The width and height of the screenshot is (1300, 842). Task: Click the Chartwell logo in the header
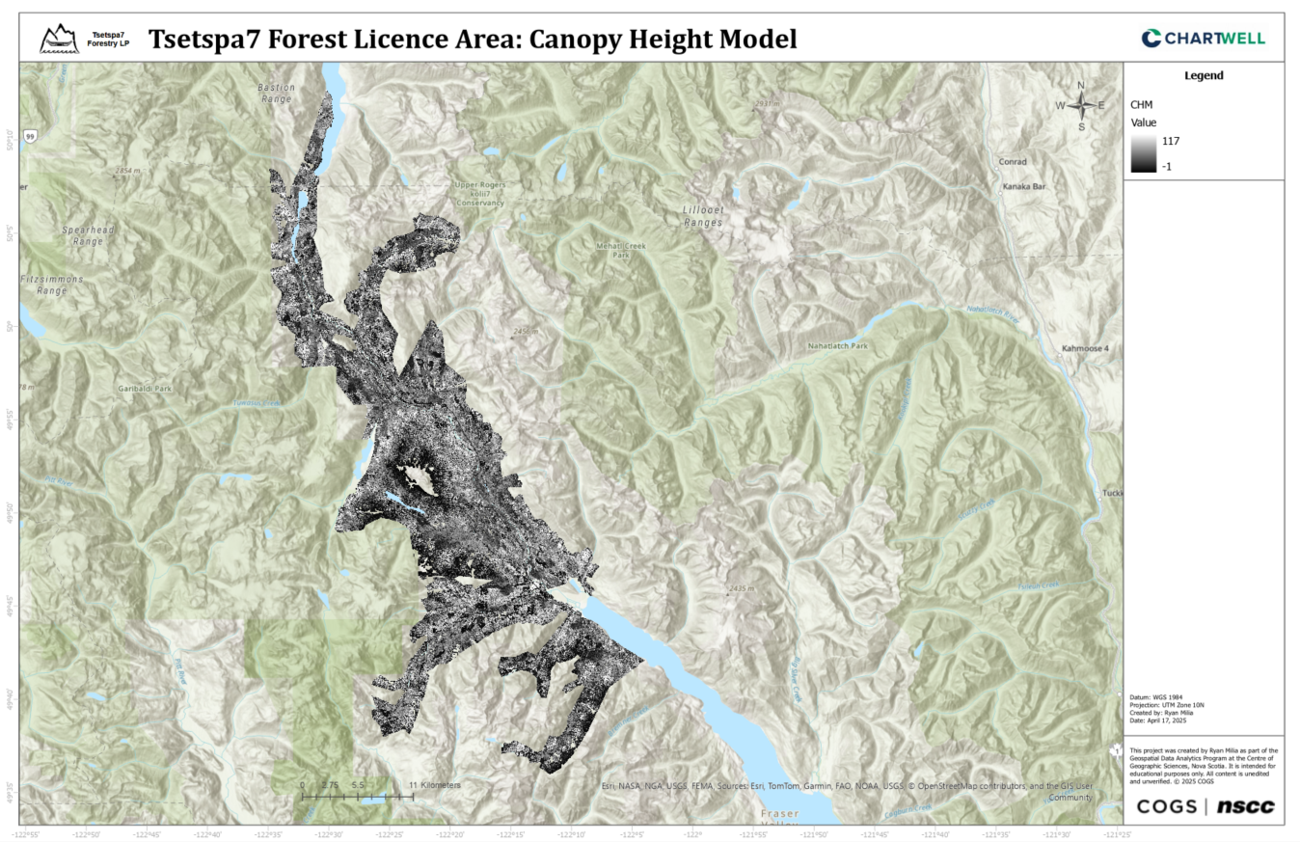pyautogui.click(x=1203, y=39)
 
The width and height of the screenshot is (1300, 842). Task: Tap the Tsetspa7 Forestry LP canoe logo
pyautogui.click(x=60, y=40)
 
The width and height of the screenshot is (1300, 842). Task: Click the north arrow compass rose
pyautogui.click(x=1081, y=105)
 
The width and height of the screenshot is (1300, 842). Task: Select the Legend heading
pyautogui.click(x=1203, y=75)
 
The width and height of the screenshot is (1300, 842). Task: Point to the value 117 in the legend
pyautogui.click(x=1171, y=141)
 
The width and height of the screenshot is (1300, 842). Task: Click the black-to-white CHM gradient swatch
pyautogui.click(x=1143, y=153)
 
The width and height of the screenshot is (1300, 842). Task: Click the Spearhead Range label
pyautogui.click(x=81, y=236)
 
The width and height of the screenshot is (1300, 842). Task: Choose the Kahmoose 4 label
pyautogui.click(x=1085, y=347)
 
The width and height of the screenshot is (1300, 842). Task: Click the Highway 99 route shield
pyautogui.click(x=32, y=137)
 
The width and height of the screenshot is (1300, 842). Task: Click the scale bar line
pyautogui.click(x=358, y=797)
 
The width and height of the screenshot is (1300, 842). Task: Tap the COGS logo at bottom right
pyautogui.click(x=1167, y=806)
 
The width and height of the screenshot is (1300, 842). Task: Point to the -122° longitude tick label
pyautogui.click(x=692, y=833)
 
